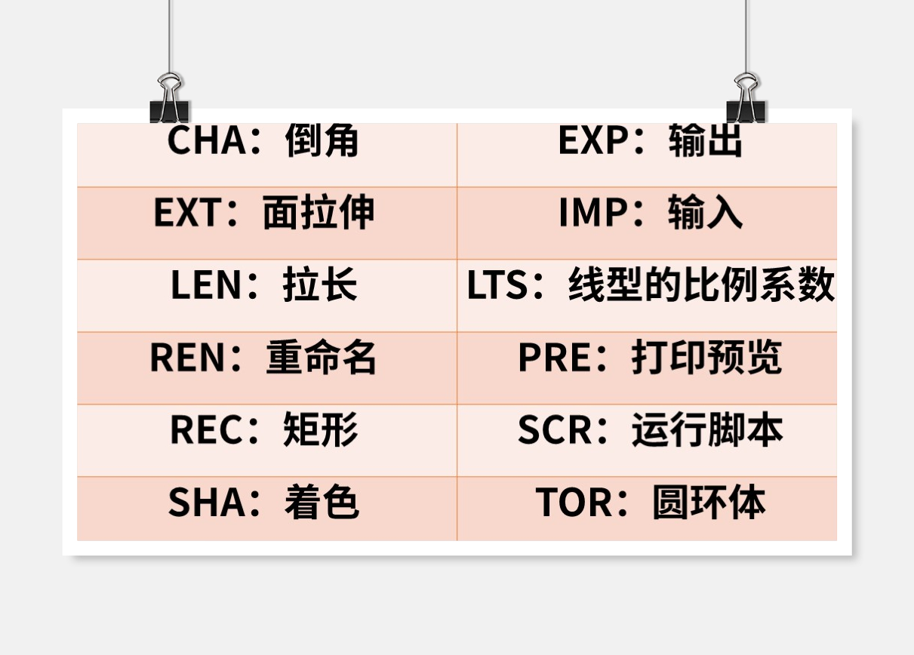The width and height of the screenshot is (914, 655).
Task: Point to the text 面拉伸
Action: (319, 213)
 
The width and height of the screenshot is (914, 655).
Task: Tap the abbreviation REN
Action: (189, 358)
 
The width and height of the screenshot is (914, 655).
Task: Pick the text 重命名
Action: (322, 358)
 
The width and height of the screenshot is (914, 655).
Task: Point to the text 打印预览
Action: (706, 358)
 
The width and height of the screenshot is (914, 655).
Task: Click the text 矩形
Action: (321, 430)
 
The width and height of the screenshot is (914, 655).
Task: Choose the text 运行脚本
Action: (706, 430)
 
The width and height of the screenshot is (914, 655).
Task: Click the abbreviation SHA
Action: (206, 503)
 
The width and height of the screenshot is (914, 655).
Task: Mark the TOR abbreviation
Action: (574, 503)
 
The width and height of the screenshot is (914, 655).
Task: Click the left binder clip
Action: (169, 98)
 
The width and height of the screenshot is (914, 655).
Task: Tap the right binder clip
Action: (746, 98)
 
